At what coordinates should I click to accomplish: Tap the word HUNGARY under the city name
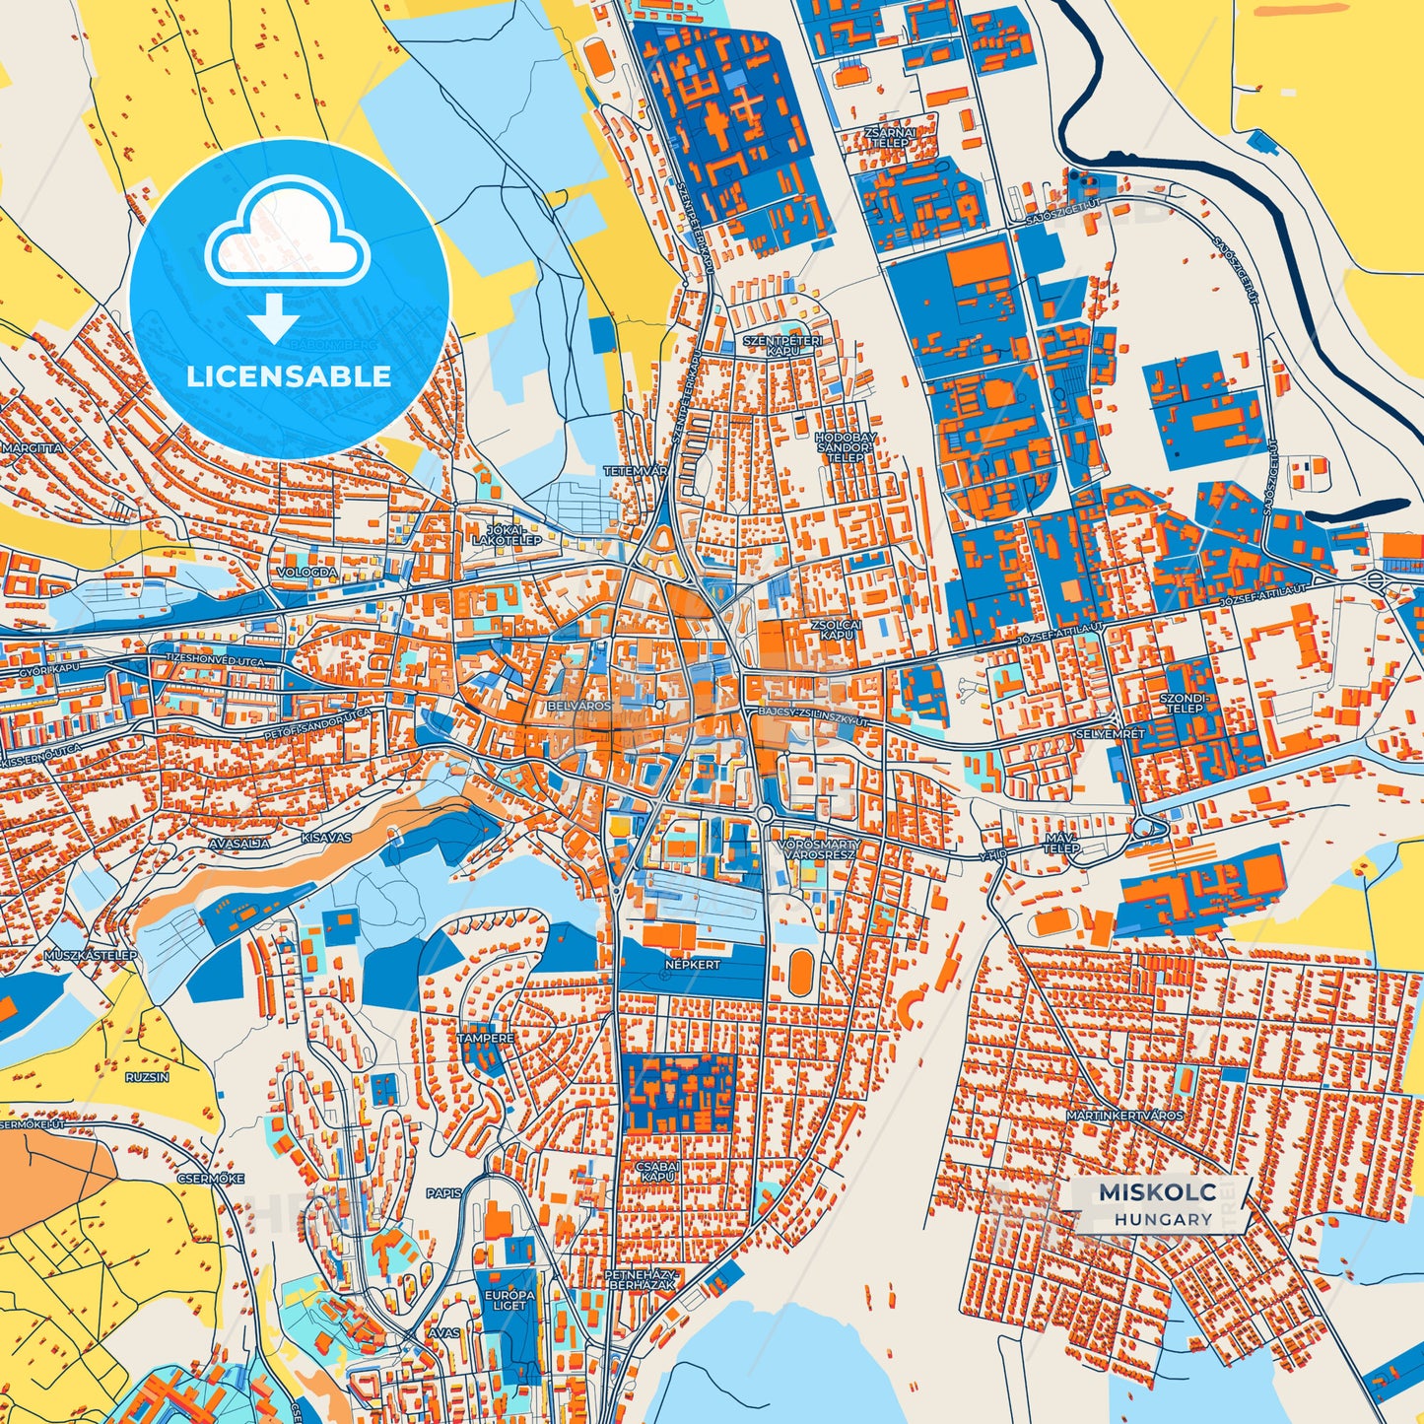1163,1219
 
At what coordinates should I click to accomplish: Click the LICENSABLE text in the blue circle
289,375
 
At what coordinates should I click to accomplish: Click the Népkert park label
693,965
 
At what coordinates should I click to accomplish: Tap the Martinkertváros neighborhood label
1124,1116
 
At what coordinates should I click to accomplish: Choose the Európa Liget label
509,1300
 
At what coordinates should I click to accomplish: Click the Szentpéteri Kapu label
781,345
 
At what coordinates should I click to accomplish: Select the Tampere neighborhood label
485,1039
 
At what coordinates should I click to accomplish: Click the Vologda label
306,572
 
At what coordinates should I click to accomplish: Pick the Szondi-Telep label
1183,702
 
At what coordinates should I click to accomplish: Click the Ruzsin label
147,1077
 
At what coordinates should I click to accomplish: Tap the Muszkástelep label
91,956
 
